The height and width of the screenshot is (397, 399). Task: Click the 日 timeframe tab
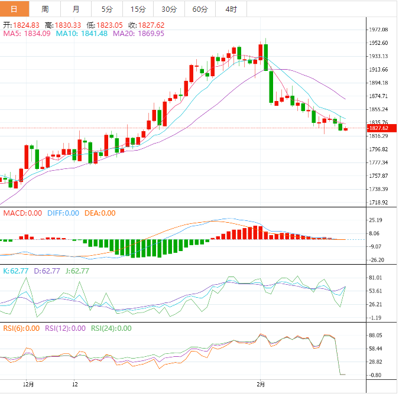click(x=14, y=9)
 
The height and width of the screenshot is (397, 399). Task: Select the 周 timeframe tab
click(x=45, y=9)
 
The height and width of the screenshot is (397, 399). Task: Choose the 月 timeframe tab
click(x=76, y=9)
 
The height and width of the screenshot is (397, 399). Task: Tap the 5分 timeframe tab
click(x=106, y=9)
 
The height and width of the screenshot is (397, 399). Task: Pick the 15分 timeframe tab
click(x=138, y=9)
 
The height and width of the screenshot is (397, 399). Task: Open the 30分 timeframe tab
click(x=169, y=9)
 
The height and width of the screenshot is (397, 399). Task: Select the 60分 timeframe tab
click(x=200, y=9)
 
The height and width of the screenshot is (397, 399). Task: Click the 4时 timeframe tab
click(x=231, y=9)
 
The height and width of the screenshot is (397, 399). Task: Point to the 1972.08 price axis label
click(x=378, y=30)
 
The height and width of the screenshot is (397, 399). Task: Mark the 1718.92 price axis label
click(x=378, y=203)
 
